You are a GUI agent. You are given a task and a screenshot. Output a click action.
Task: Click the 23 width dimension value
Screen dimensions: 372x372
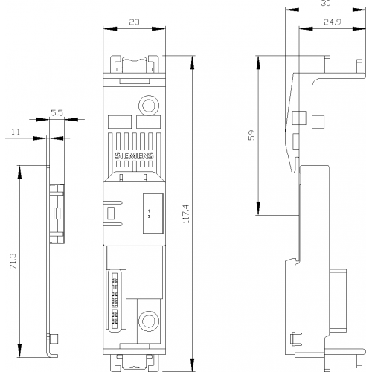pyautogui.click(x=135, y=22)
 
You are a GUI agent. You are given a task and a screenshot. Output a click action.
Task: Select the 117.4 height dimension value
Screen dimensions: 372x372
pyautogui.click(x=186, y=214)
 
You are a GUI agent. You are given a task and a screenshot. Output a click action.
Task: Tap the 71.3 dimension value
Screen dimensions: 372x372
pyautogui.click(x=13, y=261)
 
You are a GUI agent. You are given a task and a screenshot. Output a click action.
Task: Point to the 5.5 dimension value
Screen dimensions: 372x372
pyautogui.click(x=57, y=113)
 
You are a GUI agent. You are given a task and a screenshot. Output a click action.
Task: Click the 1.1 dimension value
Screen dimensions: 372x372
pyautogui.click(x=16, y=132)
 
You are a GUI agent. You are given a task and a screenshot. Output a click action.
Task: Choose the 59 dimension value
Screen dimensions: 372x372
pyautogui.click(x=251, y=135)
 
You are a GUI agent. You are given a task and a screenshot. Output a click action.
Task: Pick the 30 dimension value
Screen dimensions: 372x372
pyautogui.click(x=326, y=4)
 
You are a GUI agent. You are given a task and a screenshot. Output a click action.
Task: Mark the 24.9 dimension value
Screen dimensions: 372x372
pyautogui.click(x=333, y=22)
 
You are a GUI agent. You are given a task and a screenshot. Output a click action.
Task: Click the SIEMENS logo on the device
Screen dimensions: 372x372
pyautogui.click(x=134, y=155)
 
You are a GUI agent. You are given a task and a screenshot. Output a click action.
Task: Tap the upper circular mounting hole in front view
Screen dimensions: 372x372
pyautogui.click(x=149, y=106)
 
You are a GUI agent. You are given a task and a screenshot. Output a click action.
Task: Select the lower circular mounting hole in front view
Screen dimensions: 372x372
pyautogui.click(x=149, y=321)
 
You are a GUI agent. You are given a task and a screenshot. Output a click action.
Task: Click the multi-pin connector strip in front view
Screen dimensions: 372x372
pyautogui.click(x=115, y=301)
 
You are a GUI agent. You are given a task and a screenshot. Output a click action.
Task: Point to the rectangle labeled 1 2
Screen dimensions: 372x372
pyautogui.click(x=153, y=214)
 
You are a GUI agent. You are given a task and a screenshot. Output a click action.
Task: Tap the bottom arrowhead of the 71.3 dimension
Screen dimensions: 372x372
pyautogui.click(x=19, y=350)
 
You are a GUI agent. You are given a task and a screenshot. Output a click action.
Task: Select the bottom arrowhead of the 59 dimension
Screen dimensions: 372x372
pyautogui.click(x=258, y=208)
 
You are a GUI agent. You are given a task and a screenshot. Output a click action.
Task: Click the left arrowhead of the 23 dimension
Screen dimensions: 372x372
pyautogui.click(x=110, y=29)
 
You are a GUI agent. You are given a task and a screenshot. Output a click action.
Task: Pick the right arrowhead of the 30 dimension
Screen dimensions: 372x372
pyautogui.click(x=359, y=10)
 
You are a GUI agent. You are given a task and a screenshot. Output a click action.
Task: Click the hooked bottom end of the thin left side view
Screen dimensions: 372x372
pyautogui.click(x=53, y=356)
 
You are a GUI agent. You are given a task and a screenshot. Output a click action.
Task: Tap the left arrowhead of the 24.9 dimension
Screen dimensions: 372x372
pyautogui.click(x=306, y=29)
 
